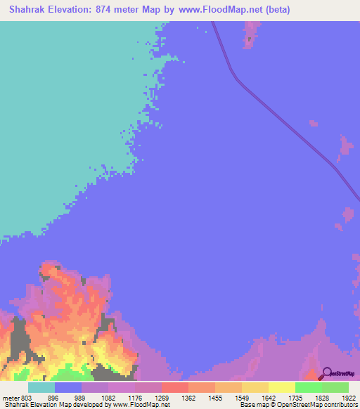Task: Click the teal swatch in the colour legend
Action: pyautogui.click(x=41, y=387)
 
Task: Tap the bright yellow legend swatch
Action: pyautogui.click(x=281, y=387)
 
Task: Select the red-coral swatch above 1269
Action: pyautogui.click(x=174, y=387)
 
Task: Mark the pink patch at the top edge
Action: pyautogui.click(x=249, y=34)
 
